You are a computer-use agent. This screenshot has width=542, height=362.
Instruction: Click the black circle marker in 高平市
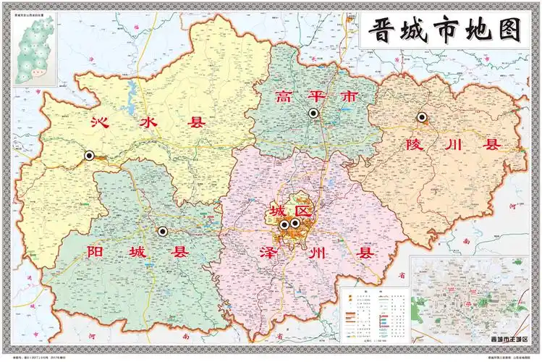(x=313, y=113)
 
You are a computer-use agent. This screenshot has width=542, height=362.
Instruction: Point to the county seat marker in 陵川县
(x=421, y=117)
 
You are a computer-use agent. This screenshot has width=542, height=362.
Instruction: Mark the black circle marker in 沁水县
(x=90, y=155)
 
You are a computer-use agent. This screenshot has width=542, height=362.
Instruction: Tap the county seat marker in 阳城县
(x=162, y=231)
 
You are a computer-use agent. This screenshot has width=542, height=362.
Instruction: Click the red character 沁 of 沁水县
(x=101, y=122)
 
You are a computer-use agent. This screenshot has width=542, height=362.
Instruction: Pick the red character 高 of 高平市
(x=285, y=96)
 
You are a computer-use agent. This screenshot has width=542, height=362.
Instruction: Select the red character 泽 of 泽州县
(x=270, y=253)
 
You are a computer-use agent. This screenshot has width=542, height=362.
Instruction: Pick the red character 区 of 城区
(x=302, y=211)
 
